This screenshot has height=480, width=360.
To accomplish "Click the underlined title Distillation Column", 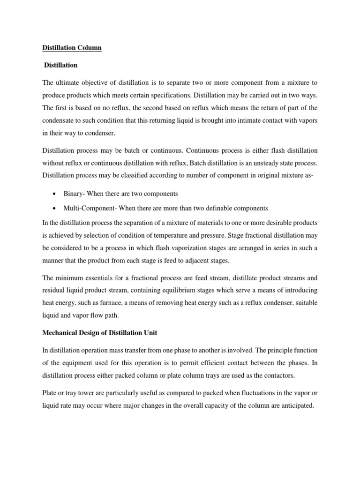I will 72,47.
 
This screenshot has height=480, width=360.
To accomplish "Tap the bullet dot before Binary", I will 56,194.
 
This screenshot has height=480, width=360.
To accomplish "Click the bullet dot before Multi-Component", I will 56,208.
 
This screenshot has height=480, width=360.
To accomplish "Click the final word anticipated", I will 292,406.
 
